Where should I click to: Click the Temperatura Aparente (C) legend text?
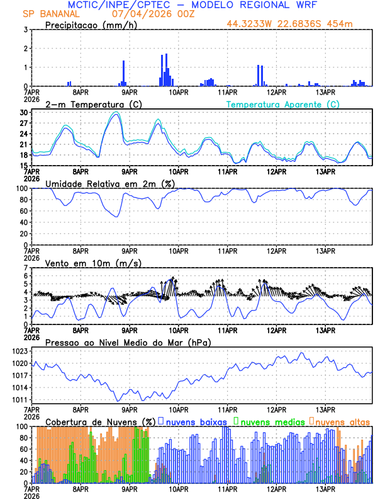[x=283, y=104]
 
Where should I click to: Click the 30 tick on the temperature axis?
[x=24, y=113]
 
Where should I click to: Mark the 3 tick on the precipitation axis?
[x=26, y=30]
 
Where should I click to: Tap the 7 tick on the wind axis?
[x=26, y=268]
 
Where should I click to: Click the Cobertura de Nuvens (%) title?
[x=100, y=422]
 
